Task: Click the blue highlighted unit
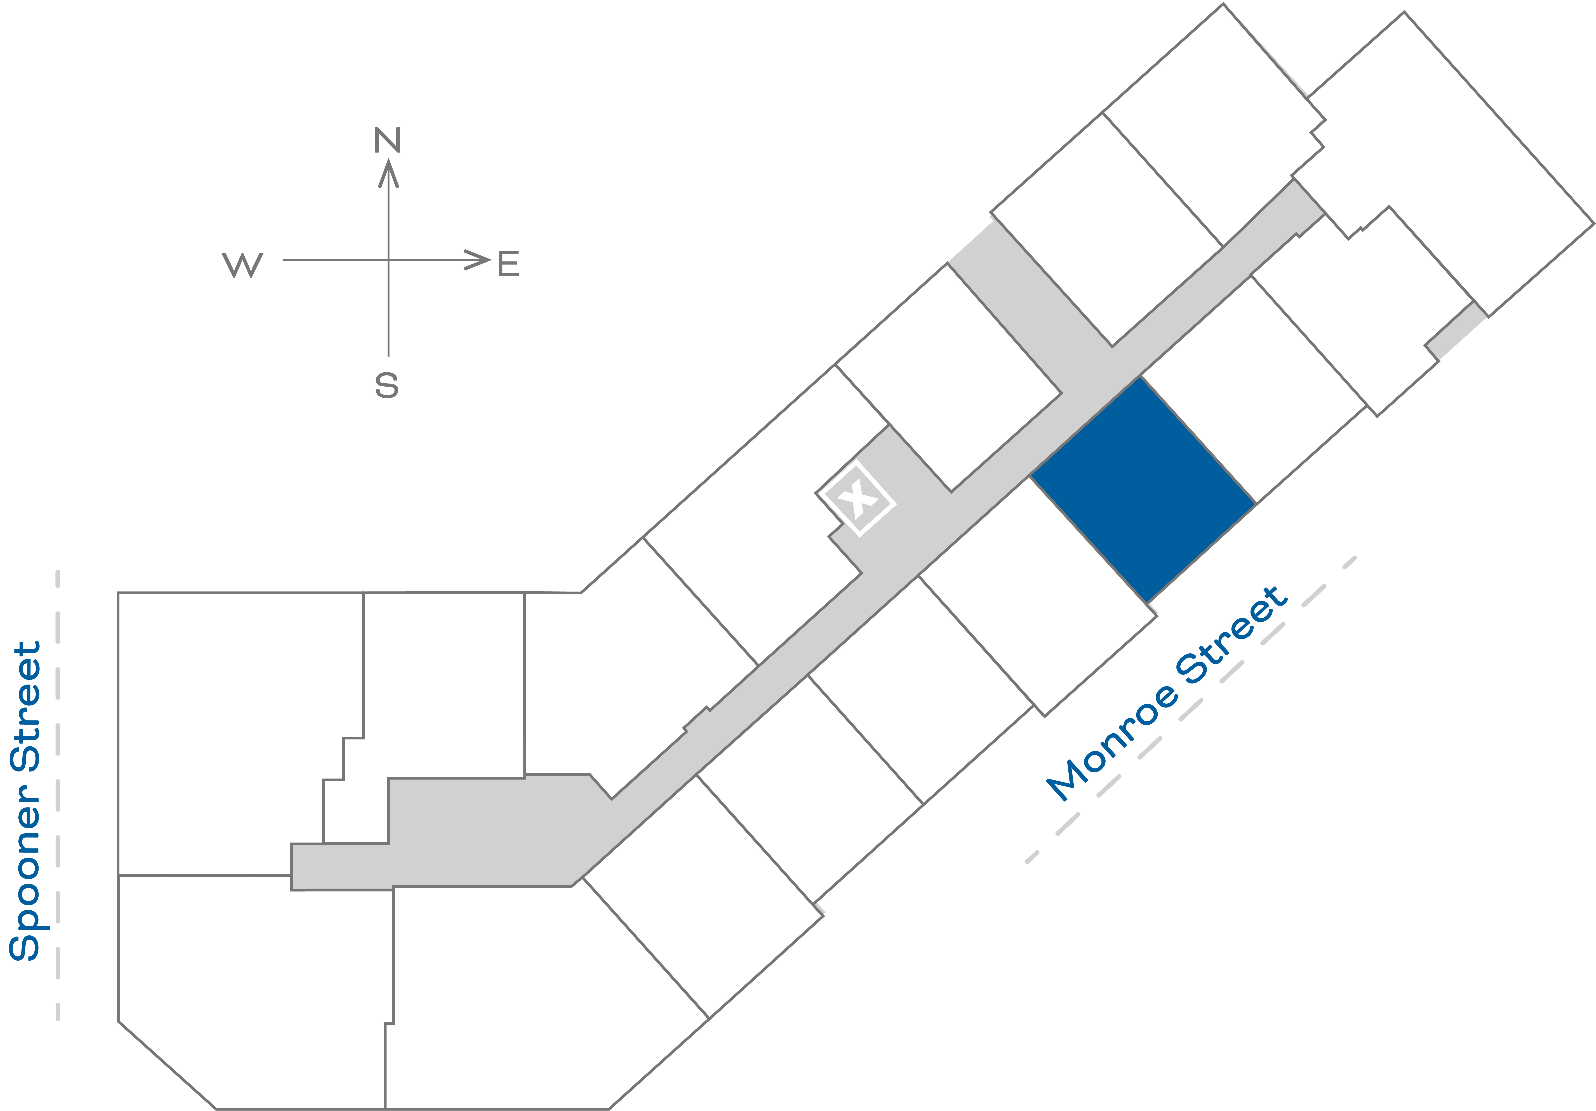coord(1144,490)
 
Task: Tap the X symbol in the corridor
coord(856,498)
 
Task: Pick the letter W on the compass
coord(243,265)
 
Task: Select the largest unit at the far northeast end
coord(1446,167)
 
